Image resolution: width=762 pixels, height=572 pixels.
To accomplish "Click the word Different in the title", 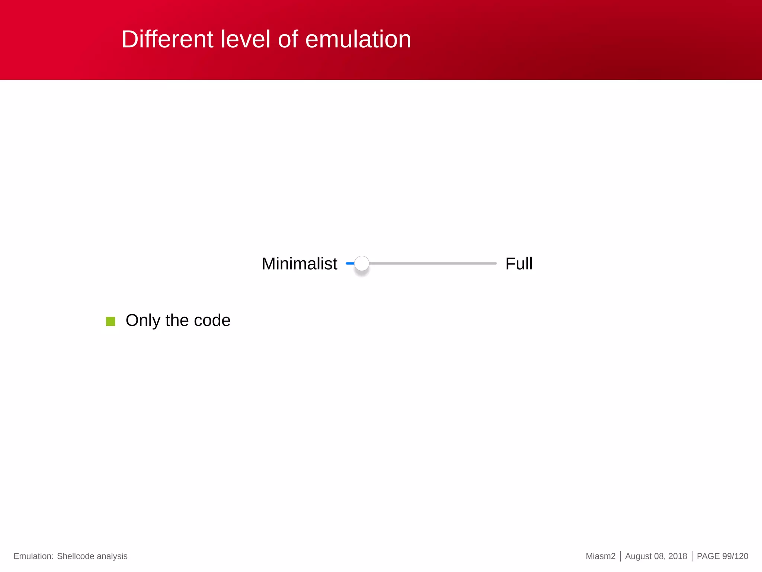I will pyautogui.click(x=167, y=39).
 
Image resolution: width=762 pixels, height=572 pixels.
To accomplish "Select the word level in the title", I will pyautogui.click(x=245, y=39).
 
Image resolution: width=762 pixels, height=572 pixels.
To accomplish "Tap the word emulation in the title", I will pyautogui.click(x=358, y=39).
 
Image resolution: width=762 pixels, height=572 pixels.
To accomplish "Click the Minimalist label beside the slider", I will pyautogui.click(x=299, y=264).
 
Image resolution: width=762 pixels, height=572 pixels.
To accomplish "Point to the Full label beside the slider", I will pyautogui.click(x=519, y=264).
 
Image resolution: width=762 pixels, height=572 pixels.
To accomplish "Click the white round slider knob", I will pyautogui.click(x=362, y=264).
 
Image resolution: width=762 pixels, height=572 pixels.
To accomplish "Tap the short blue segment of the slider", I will pyautogui.click(x=350, y=264).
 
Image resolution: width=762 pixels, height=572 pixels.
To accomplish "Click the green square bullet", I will pyautogui.click(x=111, y=321).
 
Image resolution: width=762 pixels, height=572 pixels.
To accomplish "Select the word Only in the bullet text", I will pyautogui.click(x=143, y=321).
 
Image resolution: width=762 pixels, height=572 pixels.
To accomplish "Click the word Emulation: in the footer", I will pyautogui.click(x=33, y=556).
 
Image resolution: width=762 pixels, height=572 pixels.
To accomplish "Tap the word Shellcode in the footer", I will pyautogui.click(x=76, y=556).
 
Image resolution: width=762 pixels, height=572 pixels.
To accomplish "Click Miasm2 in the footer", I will pyautogui.click(x=601, y=556).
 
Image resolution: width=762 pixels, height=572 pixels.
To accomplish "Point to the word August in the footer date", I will pyautogui.click(x=638, y=556).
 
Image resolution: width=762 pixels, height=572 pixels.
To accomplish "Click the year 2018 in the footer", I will pyautogui.click(x=678, y=556).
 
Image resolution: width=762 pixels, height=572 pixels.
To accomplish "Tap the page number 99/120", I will pyautogui.click(x=735, y=556).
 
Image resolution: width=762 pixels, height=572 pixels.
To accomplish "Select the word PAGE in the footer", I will pyautogui.click(x=708, y=556).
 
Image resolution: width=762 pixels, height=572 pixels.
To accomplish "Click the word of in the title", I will pyautogui.click(x=288, y=39).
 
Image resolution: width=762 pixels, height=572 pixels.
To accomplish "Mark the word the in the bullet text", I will pyautogui.click(x=177, y=321).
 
